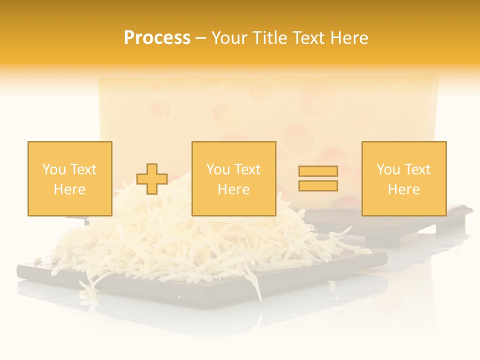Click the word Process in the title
pyautogui.click(x=157, y=38)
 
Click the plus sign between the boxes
pyautogui.click(x=152, y=179)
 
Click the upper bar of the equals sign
pyautogui.click(x=318, y=171)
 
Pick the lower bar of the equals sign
pyautogui.click(x=318, y=186)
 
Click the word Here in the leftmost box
pyautogui.click(x=69, y=189)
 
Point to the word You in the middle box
pyautogui.click(x=218, y=169)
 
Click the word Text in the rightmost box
pyautogui.click(x=417, y=169)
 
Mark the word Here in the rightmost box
pyautogui.click(x=404, y=189)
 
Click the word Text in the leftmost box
pyautogui.click(x=83, y=169)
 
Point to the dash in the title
pyautogui.click(x=201, y=38)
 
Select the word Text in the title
pyautogui.click(x=308, y=38)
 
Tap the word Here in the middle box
pyautogui.click(x=233, y=189)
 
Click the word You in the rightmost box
pyautogui.click(x=388, y=169)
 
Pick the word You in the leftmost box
pyautogui.click(x=53, y=169)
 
